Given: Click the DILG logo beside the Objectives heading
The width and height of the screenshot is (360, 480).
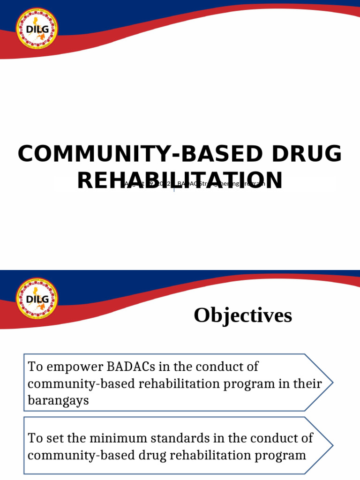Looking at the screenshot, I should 37,299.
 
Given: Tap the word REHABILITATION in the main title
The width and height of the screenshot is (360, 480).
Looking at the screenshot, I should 180,180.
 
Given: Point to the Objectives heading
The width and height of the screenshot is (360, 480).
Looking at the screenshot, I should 243,315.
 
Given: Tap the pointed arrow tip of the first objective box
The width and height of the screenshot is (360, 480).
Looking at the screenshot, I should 332,383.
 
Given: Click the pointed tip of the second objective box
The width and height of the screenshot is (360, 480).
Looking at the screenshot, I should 332,446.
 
